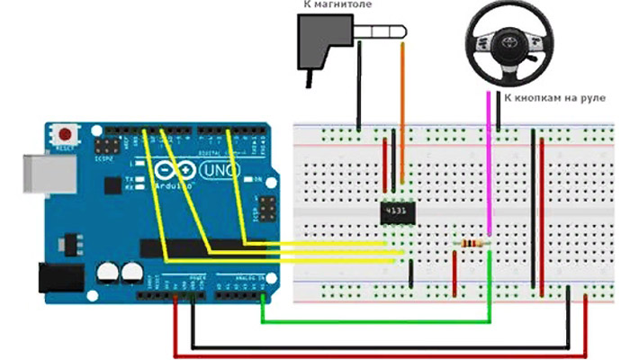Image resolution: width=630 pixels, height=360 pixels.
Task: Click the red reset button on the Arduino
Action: click(x=64, y=132)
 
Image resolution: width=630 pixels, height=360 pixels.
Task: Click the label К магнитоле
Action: click(x=337, y=6)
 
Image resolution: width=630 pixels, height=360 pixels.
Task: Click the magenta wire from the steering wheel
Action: click(x=489, y=162)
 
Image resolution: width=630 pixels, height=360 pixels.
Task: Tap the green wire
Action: click(x=378, y=320)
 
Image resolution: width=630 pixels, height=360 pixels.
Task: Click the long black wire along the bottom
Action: click(x=378, y=344)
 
